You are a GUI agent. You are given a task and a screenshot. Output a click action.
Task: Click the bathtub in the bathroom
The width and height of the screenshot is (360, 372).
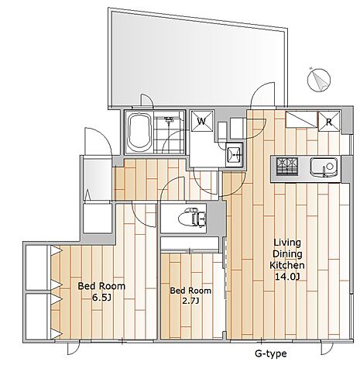[139, 133]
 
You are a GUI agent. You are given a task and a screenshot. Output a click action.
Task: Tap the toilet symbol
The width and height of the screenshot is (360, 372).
[192, 219]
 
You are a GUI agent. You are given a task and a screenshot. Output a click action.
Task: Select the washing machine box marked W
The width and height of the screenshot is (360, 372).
[201, 121]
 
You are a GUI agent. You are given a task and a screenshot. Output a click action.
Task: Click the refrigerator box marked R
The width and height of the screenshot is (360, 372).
[329, 122]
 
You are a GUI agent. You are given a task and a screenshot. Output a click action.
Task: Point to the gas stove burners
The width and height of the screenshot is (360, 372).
[287, 167]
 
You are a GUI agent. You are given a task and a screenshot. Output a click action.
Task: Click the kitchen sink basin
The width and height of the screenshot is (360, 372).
[324, 167]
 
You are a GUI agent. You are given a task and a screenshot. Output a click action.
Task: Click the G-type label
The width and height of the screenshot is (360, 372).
[270, 353]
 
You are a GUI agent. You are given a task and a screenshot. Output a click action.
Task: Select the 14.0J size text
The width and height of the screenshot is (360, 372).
[287, 277]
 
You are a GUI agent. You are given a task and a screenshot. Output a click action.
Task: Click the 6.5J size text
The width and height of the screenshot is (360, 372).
[101, 298]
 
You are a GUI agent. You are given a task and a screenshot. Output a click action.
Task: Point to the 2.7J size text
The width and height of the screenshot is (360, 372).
[190, 301]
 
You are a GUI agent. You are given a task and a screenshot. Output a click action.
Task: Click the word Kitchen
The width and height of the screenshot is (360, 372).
[287, 265]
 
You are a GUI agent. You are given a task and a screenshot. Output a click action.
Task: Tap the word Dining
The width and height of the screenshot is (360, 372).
[287, 254]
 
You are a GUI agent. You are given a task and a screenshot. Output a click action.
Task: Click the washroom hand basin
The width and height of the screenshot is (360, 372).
[234, 154]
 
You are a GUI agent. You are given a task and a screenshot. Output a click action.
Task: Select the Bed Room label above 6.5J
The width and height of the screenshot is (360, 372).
[101, 286]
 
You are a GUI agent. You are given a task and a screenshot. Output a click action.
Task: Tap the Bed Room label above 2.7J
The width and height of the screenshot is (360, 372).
[190, 291]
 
